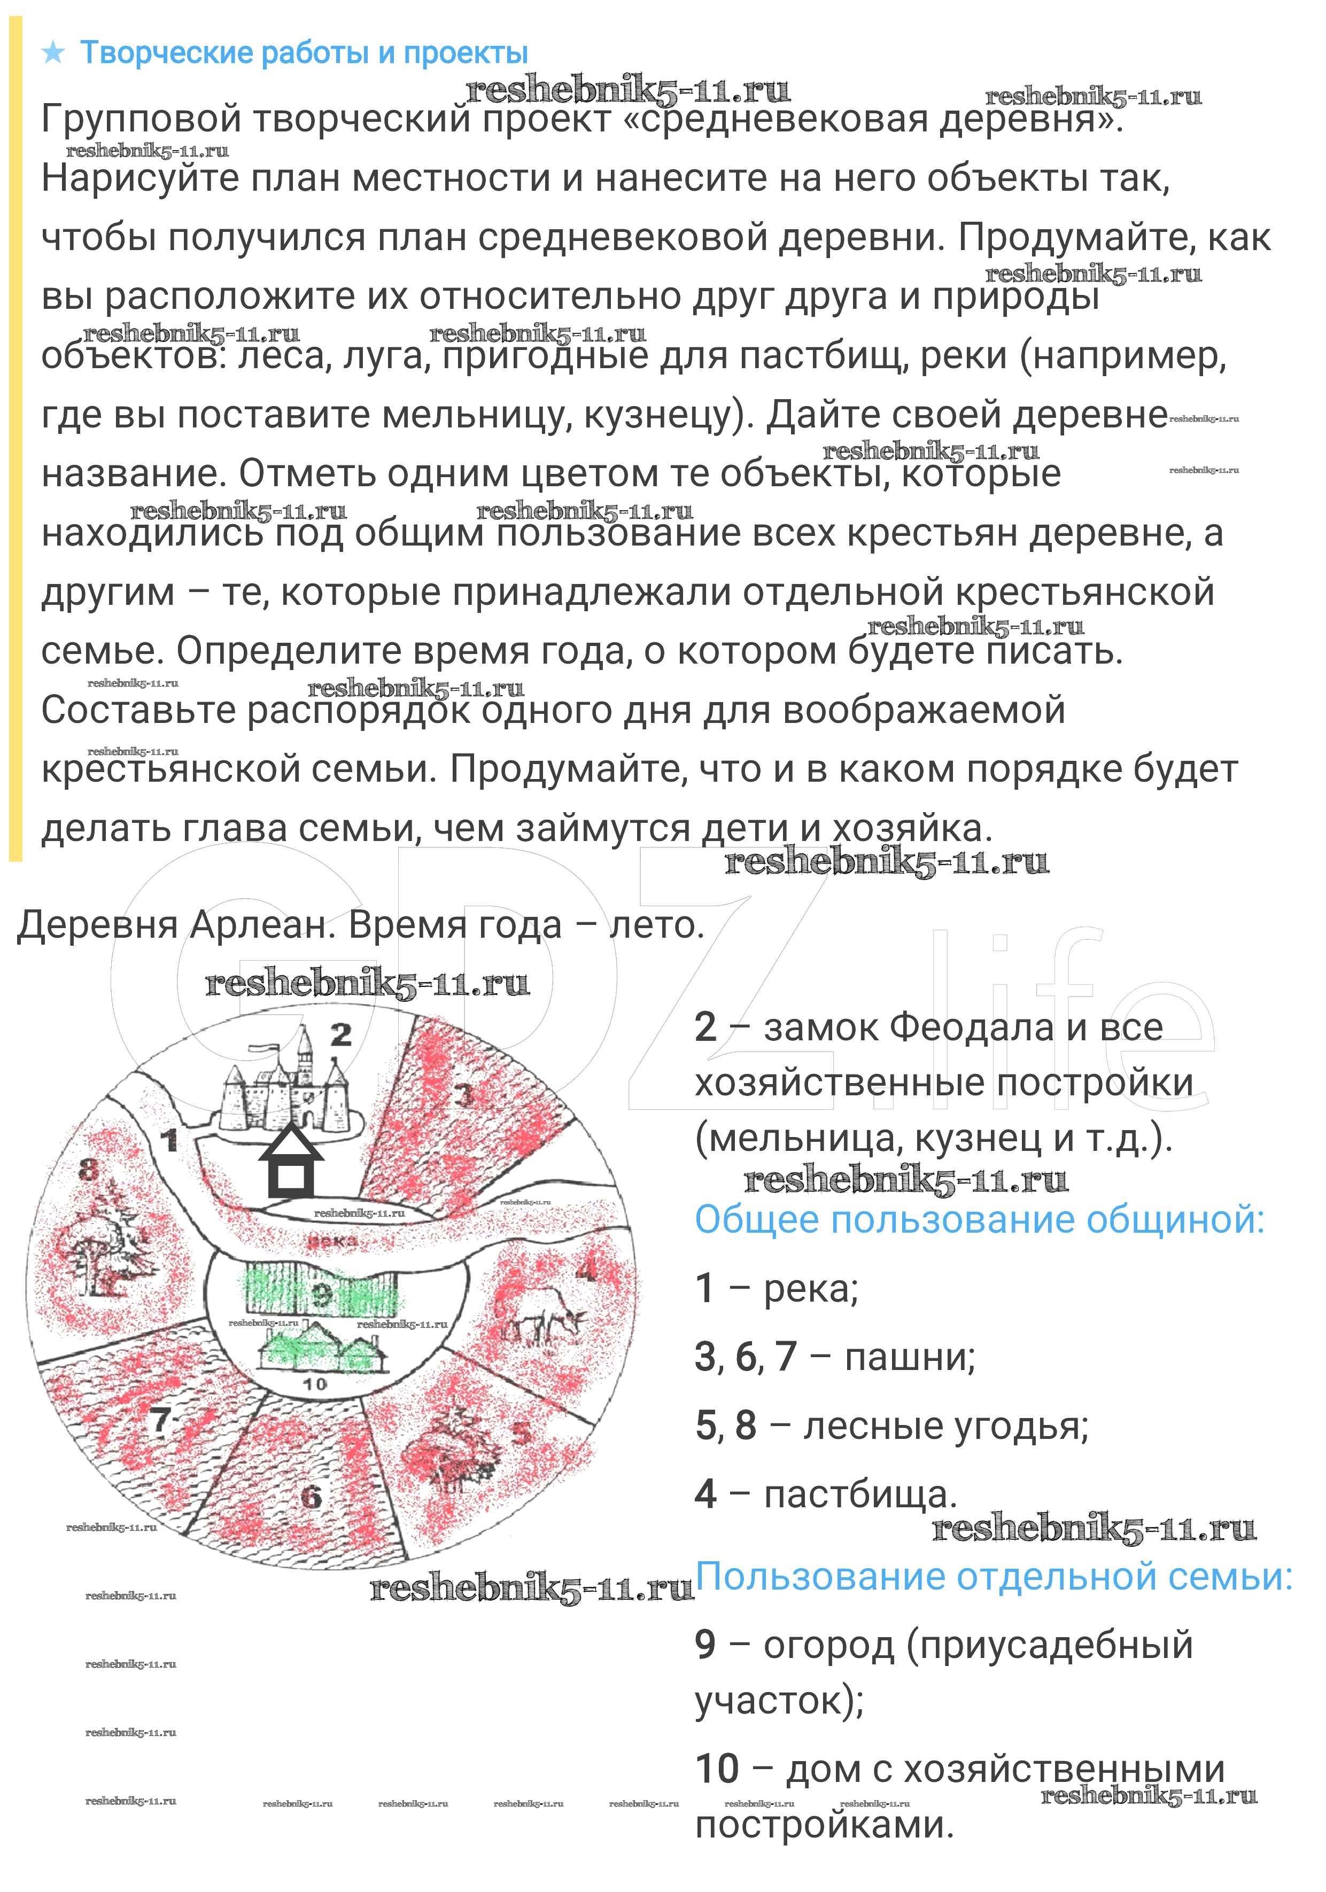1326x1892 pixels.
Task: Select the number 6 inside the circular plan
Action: [311, 1496]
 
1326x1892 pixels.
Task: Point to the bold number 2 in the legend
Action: [705, 1027]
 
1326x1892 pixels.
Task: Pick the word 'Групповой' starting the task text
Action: [141, 120]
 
